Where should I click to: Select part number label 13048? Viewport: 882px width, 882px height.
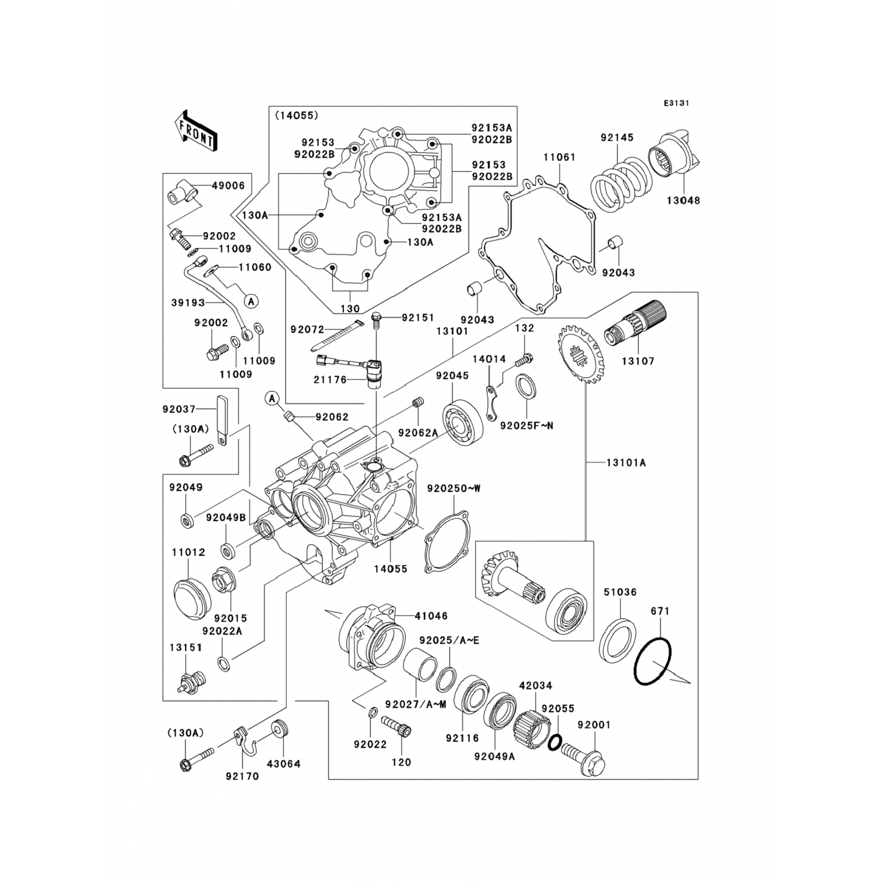pos(683,201)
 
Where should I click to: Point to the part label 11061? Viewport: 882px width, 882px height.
pos(559,158)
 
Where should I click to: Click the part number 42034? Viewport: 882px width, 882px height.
pos(535,686)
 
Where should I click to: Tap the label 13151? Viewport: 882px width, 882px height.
pos(186,647)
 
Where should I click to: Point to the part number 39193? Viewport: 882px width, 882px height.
pos(188,303)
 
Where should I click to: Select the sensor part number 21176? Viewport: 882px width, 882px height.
pos(329,380)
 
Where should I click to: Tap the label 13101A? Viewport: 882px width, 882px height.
pos(626,463)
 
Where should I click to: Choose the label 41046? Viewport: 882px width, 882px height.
pos(431,616)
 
